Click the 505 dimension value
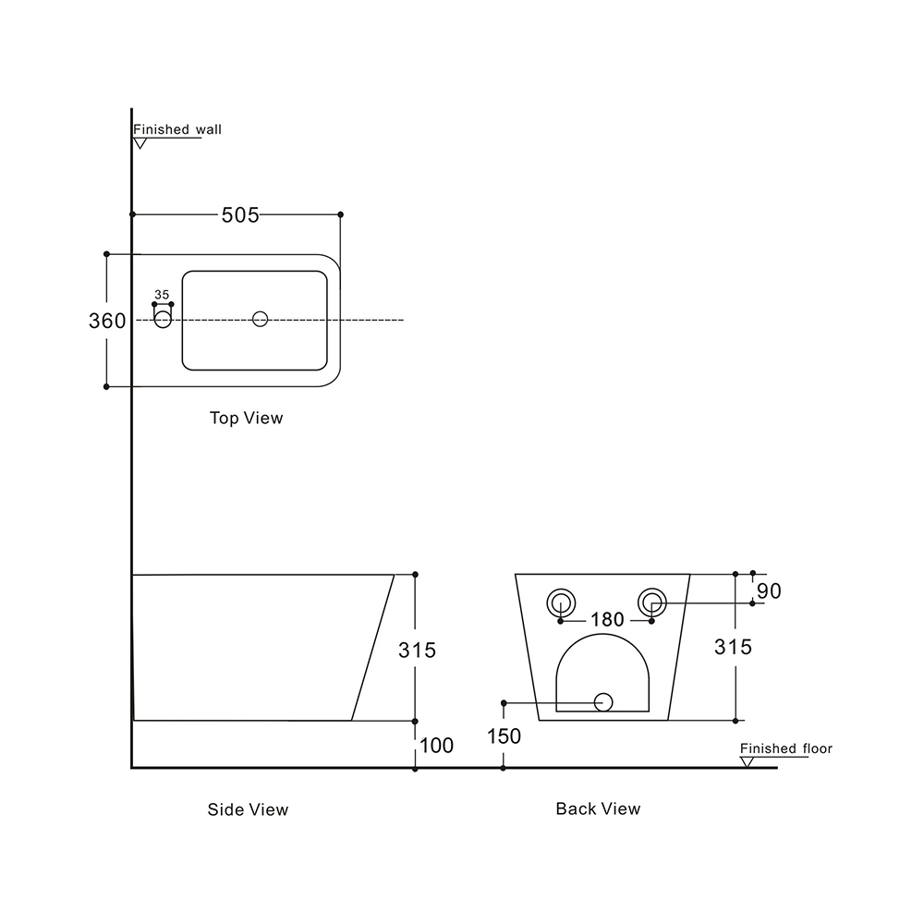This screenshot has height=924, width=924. pos(239,215)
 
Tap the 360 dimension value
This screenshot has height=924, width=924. pos(107,321)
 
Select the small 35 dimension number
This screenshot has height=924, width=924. pos(162,296)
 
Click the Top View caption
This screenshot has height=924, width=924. pos(246,419)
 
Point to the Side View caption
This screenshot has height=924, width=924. pos(248,809)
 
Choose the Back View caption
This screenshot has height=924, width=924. pos(598,808)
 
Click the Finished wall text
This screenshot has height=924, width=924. pos(177,130)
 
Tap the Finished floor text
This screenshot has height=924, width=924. pos(785,748)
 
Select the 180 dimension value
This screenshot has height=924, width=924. pos(607,620)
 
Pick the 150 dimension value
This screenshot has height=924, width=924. pos(504,736)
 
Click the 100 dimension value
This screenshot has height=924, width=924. pos(436,745)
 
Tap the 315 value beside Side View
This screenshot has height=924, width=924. pos(417,650)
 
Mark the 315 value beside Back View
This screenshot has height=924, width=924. pos(734,647)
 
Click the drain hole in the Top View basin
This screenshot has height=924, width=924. pos(260,319)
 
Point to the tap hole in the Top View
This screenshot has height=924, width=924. pos(164,320)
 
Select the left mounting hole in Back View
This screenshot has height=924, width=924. pos(561,603)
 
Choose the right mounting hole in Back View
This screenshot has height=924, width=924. pos(651,603)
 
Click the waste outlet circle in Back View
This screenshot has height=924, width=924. pos(603,702)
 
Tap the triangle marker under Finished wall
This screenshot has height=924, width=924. pos(140,143)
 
